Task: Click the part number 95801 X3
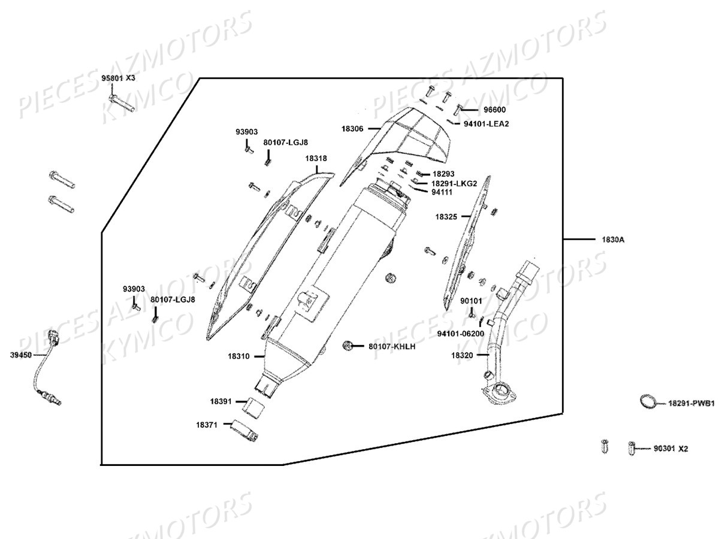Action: click(x=118, y=78)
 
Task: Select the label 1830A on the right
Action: click(x=613, y=240)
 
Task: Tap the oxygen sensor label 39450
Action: click(x=20, y=355)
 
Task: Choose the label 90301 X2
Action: click(x=670, y=448)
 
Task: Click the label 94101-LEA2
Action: click(x=486, y=123)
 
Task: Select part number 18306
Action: click(x=352, y=128)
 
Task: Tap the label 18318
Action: click(x=316, y=159)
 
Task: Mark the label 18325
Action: click(x=446, y=216)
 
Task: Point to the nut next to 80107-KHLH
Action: click(x=347, y=346)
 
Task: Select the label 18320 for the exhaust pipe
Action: click(x=463, y=355)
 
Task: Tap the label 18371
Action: click(x=206, y=425)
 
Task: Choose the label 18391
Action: click(x=221, y=401)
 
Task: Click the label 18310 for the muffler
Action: click(x=238, y=356)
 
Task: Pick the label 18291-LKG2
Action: click(x=454, y=183)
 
